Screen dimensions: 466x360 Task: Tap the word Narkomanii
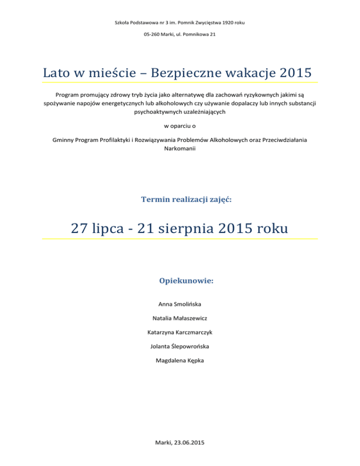[180, 148]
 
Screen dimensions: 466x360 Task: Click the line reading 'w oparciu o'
[180, 126]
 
